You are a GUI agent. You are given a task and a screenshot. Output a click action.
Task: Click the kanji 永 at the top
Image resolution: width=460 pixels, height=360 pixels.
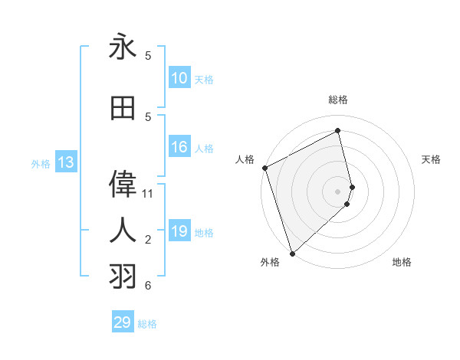tap(123, 47)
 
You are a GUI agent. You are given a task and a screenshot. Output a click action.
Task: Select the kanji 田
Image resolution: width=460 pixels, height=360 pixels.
tap(123, 109)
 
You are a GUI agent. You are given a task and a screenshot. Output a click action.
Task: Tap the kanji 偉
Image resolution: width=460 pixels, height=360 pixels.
tap(123, 184)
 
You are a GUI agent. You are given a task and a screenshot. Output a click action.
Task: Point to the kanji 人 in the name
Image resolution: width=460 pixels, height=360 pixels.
tap(123, 229)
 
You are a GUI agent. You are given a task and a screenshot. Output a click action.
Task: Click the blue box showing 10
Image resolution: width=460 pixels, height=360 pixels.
tap(179, 78)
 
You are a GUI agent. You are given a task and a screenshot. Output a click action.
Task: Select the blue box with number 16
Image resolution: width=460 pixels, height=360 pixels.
tap(179, 148)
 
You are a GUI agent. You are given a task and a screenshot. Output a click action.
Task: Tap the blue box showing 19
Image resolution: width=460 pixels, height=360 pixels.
tap(179, 232)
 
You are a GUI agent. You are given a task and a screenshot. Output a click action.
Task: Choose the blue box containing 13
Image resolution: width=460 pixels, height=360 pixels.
tap(66, 162)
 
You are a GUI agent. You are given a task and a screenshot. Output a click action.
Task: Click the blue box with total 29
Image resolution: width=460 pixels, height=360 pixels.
tap(123, 322)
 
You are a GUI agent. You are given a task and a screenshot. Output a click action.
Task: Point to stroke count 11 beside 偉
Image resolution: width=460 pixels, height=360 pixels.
tap(148, 194)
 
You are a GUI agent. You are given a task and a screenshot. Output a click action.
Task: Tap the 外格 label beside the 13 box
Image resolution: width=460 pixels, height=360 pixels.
tap(41, 163)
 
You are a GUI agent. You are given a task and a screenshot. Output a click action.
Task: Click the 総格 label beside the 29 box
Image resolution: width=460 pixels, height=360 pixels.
tap(148, 324)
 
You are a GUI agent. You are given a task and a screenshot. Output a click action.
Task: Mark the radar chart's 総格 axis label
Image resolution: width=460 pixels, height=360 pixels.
tap(338, 100)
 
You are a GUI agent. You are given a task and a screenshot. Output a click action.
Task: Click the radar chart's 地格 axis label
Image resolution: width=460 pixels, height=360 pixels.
tap(402, 262)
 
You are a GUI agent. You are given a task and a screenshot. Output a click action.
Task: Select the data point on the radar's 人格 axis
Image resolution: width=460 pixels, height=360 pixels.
tap(265, 168)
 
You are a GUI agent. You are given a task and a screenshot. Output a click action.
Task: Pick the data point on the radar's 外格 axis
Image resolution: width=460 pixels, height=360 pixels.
tap(292, 253)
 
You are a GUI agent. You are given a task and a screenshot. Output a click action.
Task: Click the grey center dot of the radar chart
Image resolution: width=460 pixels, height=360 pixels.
tap(338, 191)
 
